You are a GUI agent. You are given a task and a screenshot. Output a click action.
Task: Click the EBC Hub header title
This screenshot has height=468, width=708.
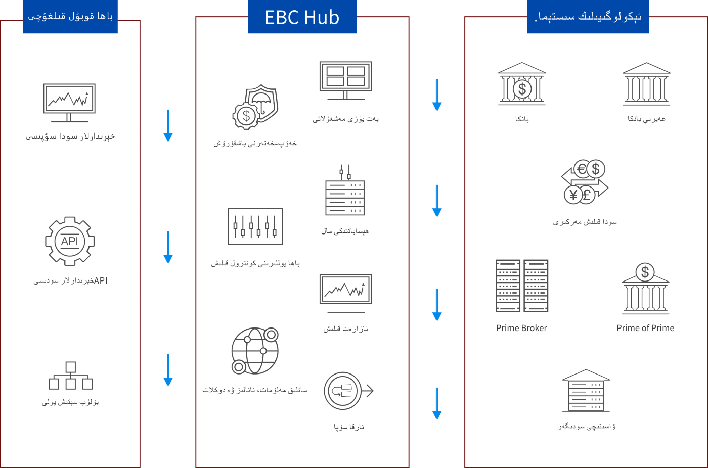(302, 17)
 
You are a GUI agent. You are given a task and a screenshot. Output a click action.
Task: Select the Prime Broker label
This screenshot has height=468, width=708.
(521, 328)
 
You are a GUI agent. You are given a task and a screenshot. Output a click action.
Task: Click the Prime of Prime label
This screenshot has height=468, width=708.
(645, 328)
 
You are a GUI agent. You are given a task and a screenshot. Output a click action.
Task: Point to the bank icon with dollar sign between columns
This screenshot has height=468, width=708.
(522, 84)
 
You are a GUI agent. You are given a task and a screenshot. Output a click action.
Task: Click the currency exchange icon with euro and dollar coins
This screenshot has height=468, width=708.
(585, 181)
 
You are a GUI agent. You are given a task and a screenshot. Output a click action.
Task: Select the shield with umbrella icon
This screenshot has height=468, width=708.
(255, 107)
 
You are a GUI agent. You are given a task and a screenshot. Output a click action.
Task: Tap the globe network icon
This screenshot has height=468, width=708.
(255, 351)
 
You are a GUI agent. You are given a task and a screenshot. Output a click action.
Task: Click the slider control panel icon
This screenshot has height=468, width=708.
(255, 226)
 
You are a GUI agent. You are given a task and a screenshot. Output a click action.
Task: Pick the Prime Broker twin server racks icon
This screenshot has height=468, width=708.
(522, 286)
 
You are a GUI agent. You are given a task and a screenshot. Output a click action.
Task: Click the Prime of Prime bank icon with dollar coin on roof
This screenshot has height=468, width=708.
(645, 288)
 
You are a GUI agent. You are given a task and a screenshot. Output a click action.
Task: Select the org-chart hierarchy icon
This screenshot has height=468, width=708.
(70, 376)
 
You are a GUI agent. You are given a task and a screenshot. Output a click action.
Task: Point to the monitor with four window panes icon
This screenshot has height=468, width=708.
(345, 80)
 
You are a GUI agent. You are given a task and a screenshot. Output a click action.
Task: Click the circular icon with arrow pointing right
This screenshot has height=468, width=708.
(348, 391)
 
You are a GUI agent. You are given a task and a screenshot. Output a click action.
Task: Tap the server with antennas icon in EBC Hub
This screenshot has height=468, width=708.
(345, 190)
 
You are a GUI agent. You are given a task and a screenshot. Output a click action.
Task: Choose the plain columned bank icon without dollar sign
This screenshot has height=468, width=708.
(647, 84)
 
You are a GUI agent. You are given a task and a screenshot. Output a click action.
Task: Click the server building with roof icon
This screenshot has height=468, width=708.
(586, 391)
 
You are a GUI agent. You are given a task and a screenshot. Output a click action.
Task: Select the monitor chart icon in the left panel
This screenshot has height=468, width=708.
(69, 103)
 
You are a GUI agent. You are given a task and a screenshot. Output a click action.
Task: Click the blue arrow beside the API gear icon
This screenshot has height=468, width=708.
(168, 247)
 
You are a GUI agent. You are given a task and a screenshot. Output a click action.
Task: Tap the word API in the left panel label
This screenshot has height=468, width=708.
(101, 280)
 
